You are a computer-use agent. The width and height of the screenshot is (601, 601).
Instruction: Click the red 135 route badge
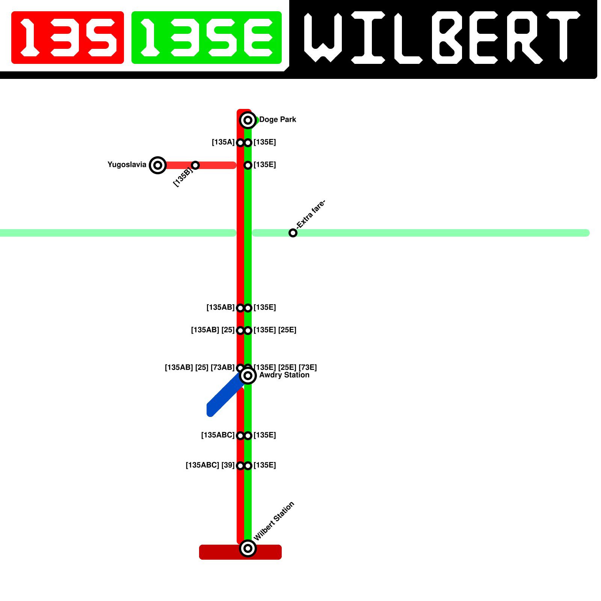(x=68, y=38)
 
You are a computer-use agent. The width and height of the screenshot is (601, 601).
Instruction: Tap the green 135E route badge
(x=207, y=38)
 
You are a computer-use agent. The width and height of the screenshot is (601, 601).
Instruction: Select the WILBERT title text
(x=441, y=38)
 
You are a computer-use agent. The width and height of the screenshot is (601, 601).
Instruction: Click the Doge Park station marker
(x=248, y=120)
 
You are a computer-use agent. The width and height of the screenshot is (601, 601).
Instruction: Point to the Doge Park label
(x=278, y=119)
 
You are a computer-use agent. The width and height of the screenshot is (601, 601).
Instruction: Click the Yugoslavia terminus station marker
(x=158, y=165)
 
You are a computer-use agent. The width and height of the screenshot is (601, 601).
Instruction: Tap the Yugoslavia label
(x=127, y=165)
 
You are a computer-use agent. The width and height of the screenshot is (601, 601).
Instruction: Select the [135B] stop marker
(x=195, y=165)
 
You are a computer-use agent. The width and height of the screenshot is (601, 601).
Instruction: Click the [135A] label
(x=223, y=142)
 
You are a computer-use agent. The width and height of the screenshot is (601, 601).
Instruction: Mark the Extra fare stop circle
(x=293, y=233)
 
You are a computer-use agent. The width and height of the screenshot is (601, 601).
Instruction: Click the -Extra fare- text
(x=311, y=214)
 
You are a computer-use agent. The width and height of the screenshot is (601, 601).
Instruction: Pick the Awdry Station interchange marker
(x=248, y=376)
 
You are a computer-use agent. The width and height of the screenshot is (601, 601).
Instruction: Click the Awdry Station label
(x=284, y=375)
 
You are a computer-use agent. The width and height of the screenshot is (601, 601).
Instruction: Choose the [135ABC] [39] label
(x=210, y=465)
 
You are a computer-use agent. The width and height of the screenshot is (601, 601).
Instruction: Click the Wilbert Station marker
(x=248, y=548)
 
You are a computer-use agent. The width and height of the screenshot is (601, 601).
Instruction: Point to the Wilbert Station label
(x=274, y=521)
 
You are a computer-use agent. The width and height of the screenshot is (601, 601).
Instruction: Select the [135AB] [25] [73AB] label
(x=199, y=367)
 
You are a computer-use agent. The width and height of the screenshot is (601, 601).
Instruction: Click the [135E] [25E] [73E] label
(x=285, y=367)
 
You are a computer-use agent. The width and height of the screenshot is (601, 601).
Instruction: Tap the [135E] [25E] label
(x=275, y=330)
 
